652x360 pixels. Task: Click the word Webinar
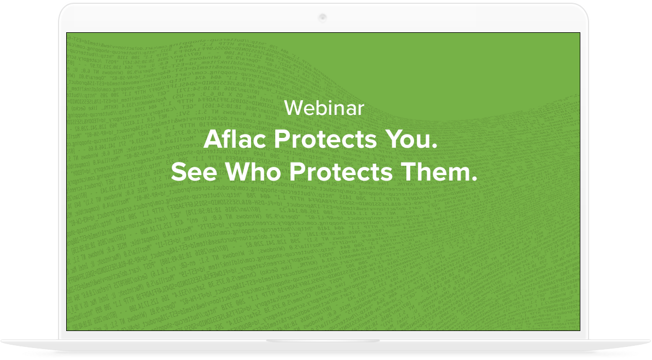click(x=324, y=108)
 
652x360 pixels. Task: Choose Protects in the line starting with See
click(x=341, y=172)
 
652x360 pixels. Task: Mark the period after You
click(x=436, y=147)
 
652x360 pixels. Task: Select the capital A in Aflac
click(x=212, y=140)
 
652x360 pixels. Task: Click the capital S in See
click(x=178, y=172)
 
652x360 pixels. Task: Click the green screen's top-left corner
click(x=67, y=33)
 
